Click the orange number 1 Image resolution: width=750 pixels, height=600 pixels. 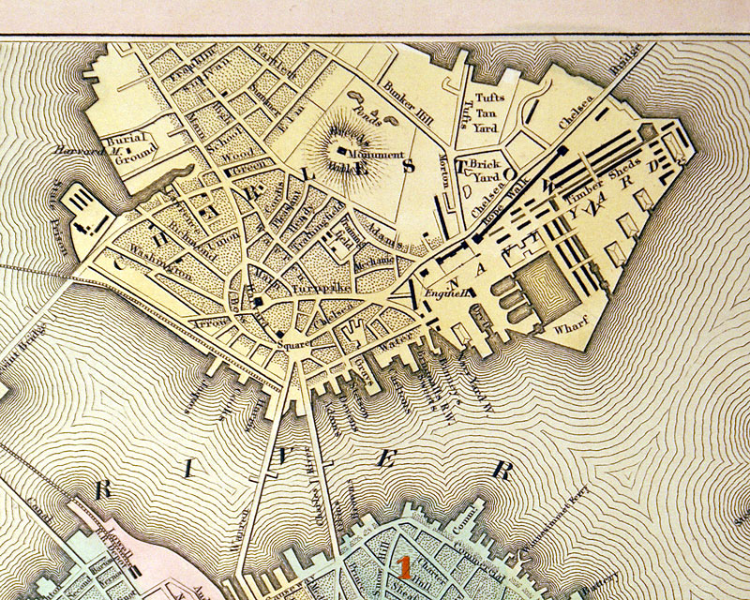point(404,565)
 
